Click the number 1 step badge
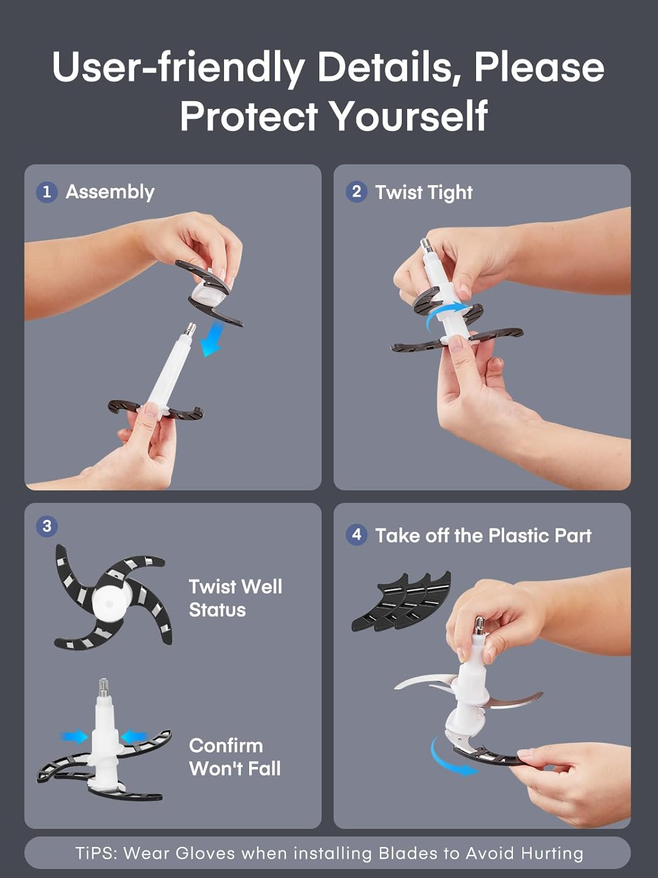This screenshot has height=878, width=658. [47, 192]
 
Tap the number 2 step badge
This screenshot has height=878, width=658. [356, 191]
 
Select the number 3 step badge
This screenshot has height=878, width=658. [47, 526]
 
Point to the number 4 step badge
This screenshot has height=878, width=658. [356, 535]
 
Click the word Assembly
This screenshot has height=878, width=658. [111, 193]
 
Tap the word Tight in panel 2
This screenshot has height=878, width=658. [449, 193]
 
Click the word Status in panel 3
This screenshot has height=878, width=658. [218, 609]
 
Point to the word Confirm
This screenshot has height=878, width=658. [226, 746]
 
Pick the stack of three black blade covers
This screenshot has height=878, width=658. [401, 602]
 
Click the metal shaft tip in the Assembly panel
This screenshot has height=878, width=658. [191, 330]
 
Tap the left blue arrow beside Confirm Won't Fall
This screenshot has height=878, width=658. [74, 736]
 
